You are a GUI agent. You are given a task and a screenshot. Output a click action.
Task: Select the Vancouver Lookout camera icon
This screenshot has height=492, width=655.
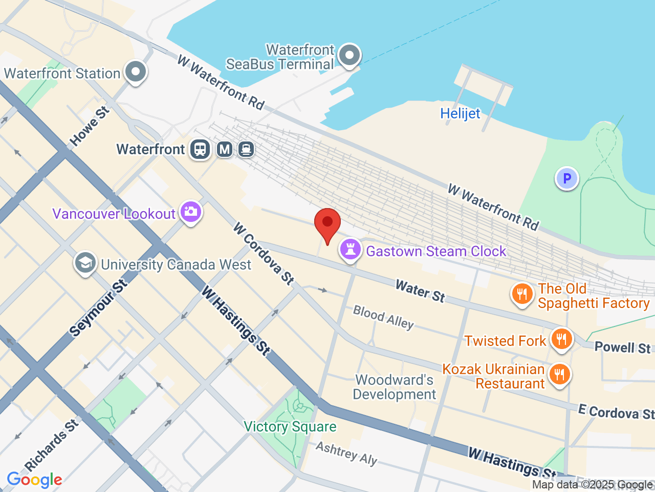tap(190, 212)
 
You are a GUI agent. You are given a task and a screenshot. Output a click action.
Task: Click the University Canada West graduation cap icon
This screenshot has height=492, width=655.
tap(85, 263)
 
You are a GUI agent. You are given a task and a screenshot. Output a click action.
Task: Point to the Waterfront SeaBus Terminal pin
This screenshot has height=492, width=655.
tap(350, 55)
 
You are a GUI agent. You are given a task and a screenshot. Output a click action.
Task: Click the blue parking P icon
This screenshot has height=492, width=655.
tap(566, 179)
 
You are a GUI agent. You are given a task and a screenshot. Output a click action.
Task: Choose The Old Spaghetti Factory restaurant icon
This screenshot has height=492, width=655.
tap(522, 294)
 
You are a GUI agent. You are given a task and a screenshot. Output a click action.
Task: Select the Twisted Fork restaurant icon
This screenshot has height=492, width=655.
tap(561, 339)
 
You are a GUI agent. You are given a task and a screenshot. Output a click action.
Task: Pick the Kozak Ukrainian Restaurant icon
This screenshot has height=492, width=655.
tap(559, 375)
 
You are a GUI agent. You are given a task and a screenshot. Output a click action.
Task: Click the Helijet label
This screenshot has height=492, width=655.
tap(460, 113)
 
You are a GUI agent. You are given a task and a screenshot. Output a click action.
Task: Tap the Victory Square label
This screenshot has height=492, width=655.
tap(290, 426)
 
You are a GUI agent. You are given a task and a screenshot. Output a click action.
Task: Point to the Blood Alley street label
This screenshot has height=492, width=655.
tap(383, 317)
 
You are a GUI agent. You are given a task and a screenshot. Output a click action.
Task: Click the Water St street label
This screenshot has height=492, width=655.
tap(420, 291)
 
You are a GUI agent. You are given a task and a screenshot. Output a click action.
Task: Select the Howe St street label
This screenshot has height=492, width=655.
tap(90, 126)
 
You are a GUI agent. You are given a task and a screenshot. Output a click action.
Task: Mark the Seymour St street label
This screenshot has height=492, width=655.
tap(98, 309)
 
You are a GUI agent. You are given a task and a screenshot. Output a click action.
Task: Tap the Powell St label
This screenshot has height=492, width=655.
tap(622, 347)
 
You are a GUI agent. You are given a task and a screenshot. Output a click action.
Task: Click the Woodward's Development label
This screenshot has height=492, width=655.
tap(394, 387)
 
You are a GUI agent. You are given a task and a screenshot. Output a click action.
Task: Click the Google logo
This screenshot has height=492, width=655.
tap(34, 480)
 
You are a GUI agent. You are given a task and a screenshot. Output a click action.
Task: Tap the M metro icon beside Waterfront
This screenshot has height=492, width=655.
tap(225, 149)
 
